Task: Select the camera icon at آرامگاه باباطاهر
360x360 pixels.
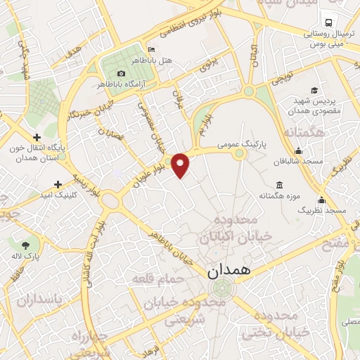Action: (x=122, y=74)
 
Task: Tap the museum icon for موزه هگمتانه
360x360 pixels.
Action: (x=280, y=185)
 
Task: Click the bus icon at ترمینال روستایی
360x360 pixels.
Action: (x=327, y=20)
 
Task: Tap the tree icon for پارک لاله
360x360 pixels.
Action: (x=26, y=245)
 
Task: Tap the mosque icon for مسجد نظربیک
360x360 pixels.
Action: (x=321, y=200)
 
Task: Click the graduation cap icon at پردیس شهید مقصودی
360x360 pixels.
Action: (x=314, y=90)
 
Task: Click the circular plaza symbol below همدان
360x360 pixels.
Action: (x=223, y=288)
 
